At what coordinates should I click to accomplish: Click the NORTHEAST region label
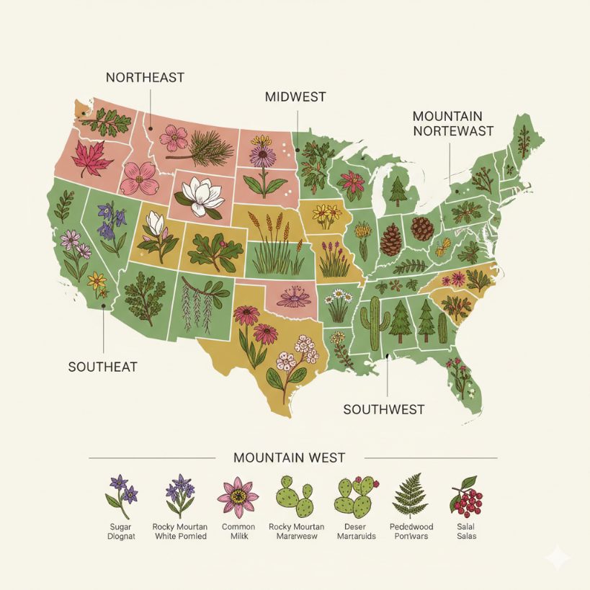[x=145, y=77]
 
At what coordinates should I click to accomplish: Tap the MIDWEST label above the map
[x=295, y=97]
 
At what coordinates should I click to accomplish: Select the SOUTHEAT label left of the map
[x=102, y=367]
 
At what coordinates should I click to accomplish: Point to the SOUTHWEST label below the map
[x=383, y=409]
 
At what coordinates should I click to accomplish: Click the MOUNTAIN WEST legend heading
[x=289, y=457]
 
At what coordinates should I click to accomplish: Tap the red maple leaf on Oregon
[x=91, y=159]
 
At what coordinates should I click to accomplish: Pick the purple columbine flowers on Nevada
[x=109, y=219]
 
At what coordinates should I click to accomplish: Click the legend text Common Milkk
[x=238, y=532]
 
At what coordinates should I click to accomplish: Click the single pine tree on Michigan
[x=398, y=191]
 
